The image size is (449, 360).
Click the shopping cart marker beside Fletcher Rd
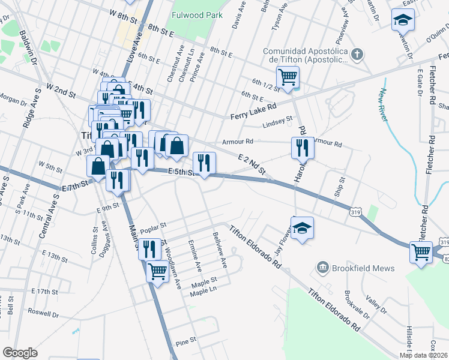coord(421,252)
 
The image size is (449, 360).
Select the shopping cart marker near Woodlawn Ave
coord(157,271)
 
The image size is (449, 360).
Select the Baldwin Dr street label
coord(28,48)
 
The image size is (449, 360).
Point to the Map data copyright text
coord(424,355)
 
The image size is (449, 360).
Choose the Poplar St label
coord(152,230)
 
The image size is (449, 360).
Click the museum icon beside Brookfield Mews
coord(323,268)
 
